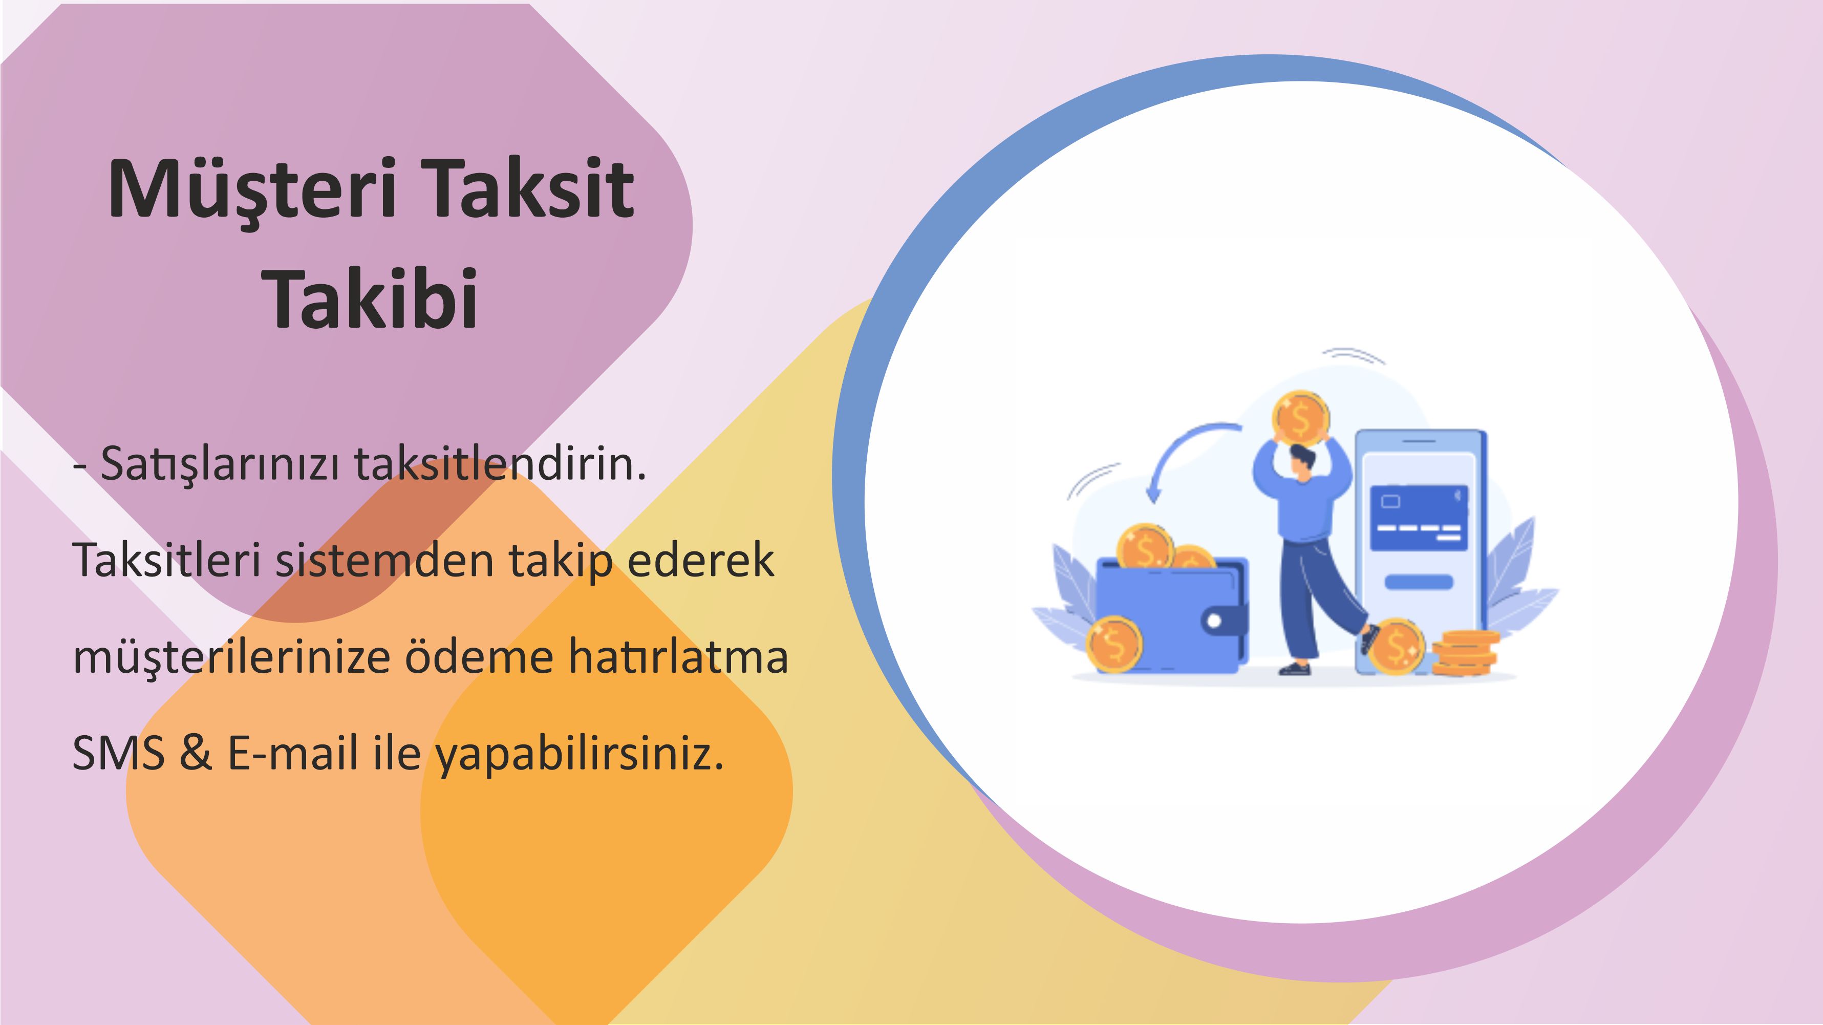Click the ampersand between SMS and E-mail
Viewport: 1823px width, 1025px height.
pos(196,753)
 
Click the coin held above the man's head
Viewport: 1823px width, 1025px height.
pos(1301,418)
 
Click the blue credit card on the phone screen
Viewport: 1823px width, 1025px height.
pos(1419,518)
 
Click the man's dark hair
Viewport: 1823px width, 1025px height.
pos(1303,457)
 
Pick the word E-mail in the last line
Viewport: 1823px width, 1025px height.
pos(292,753)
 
